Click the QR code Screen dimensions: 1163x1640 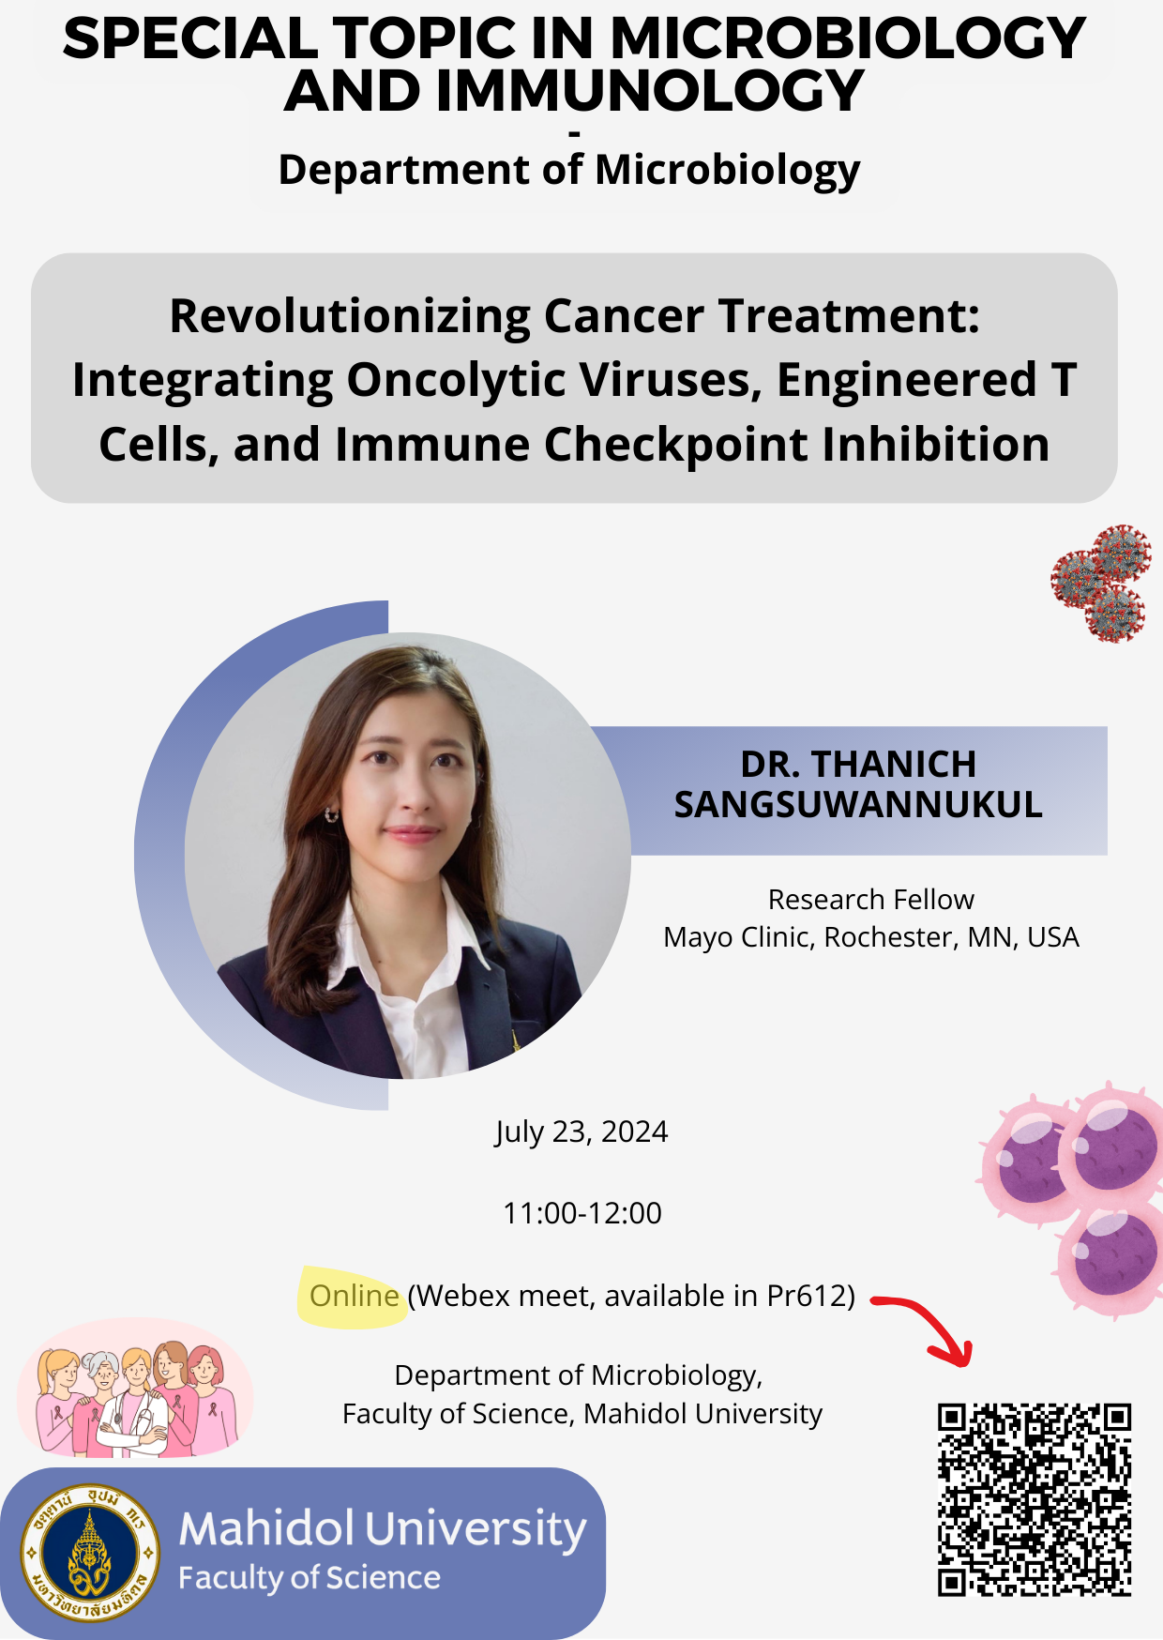tap(1035, 1499)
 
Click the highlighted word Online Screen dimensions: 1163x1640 tap(355, 1296)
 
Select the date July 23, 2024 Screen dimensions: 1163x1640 tap(581, 1131)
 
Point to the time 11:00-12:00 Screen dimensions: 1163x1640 tap(582, 1213)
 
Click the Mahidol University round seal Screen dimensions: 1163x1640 tap(90, 1553)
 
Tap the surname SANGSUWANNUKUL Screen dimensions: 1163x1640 tap(858, 805)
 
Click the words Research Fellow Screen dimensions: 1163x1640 tap(871, 900)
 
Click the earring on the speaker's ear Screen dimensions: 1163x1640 tap(330, 815)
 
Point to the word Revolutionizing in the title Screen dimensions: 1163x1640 tap(349, 317)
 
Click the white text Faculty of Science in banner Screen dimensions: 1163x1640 tap(310, 1578)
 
